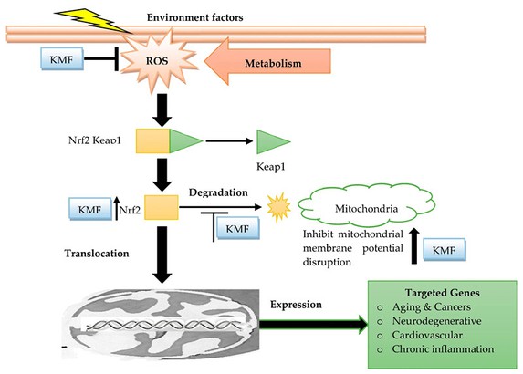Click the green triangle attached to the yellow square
click(183, 141)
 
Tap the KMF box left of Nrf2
click(89, 211)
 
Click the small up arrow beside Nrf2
click(117, 212)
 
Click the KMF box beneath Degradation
click(236, 228)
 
